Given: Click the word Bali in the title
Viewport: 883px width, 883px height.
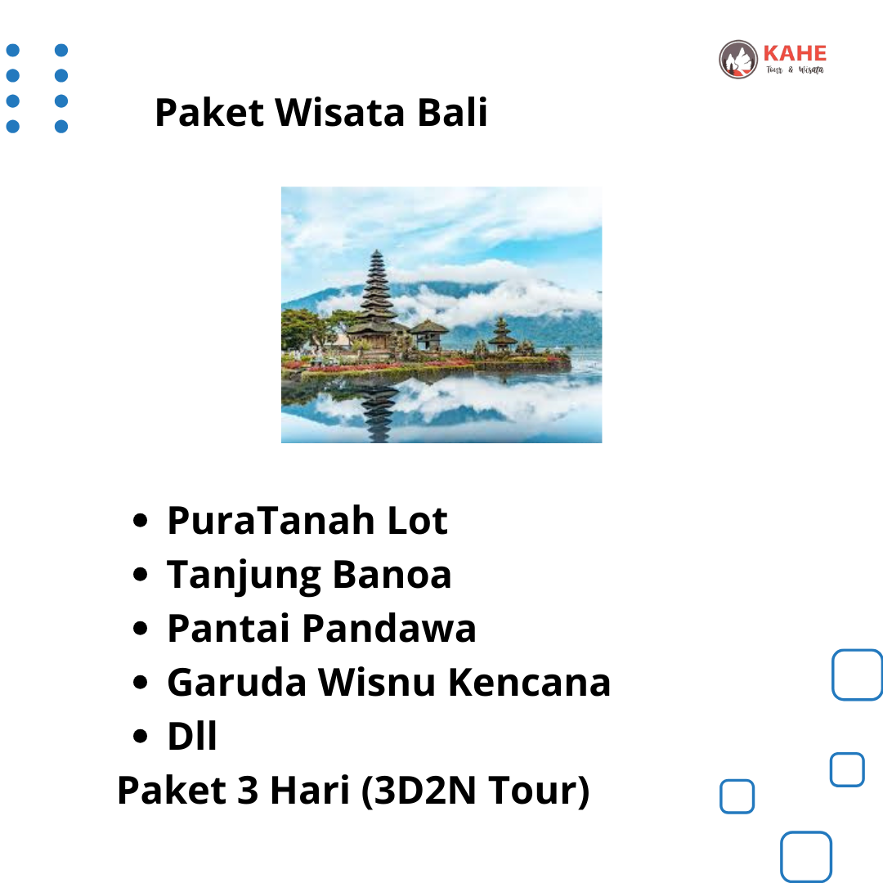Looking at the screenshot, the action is (x=452, y=112).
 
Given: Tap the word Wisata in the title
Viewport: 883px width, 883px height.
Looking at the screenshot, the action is (x=339, y=112).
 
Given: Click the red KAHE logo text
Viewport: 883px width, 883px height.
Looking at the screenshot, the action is (x=795, y=53).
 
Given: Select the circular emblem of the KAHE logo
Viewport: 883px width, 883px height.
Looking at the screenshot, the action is (x=738, y=59).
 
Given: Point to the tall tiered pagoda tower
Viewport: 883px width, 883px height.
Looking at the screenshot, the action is (x=377, y=298).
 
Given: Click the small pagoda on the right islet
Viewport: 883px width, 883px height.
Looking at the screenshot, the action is (x=502, y=335).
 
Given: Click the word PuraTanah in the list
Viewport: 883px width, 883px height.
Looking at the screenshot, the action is (x=271, y=520).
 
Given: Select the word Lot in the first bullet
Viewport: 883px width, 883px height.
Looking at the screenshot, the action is (x=417, y=520).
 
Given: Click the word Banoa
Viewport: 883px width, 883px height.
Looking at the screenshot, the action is (x=392, y=575).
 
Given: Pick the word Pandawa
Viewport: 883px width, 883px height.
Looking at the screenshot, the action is (x=389, y=629).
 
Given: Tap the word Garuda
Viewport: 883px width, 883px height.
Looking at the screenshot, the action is (x=236, y=683).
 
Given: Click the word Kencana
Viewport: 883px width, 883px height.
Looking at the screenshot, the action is (x=529, y=683).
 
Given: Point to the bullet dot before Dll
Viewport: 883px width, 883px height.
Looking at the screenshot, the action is (x=141, y=736).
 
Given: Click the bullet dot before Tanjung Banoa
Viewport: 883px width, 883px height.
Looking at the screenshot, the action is (x=141, y=575).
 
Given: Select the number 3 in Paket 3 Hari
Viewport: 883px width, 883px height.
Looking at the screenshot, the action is (x=248, y=791).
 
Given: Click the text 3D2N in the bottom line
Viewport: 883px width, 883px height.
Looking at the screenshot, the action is (x=424, y=791).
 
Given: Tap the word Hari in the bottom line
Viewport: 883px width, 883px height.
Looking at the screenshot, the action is (x=311, y=791).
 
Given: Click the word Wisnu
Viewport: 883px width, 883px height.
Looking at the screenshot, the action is (x=377, y=683).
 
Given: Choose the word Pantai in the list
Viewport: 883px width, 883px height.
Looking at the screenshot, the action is (x=229, y=629).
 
